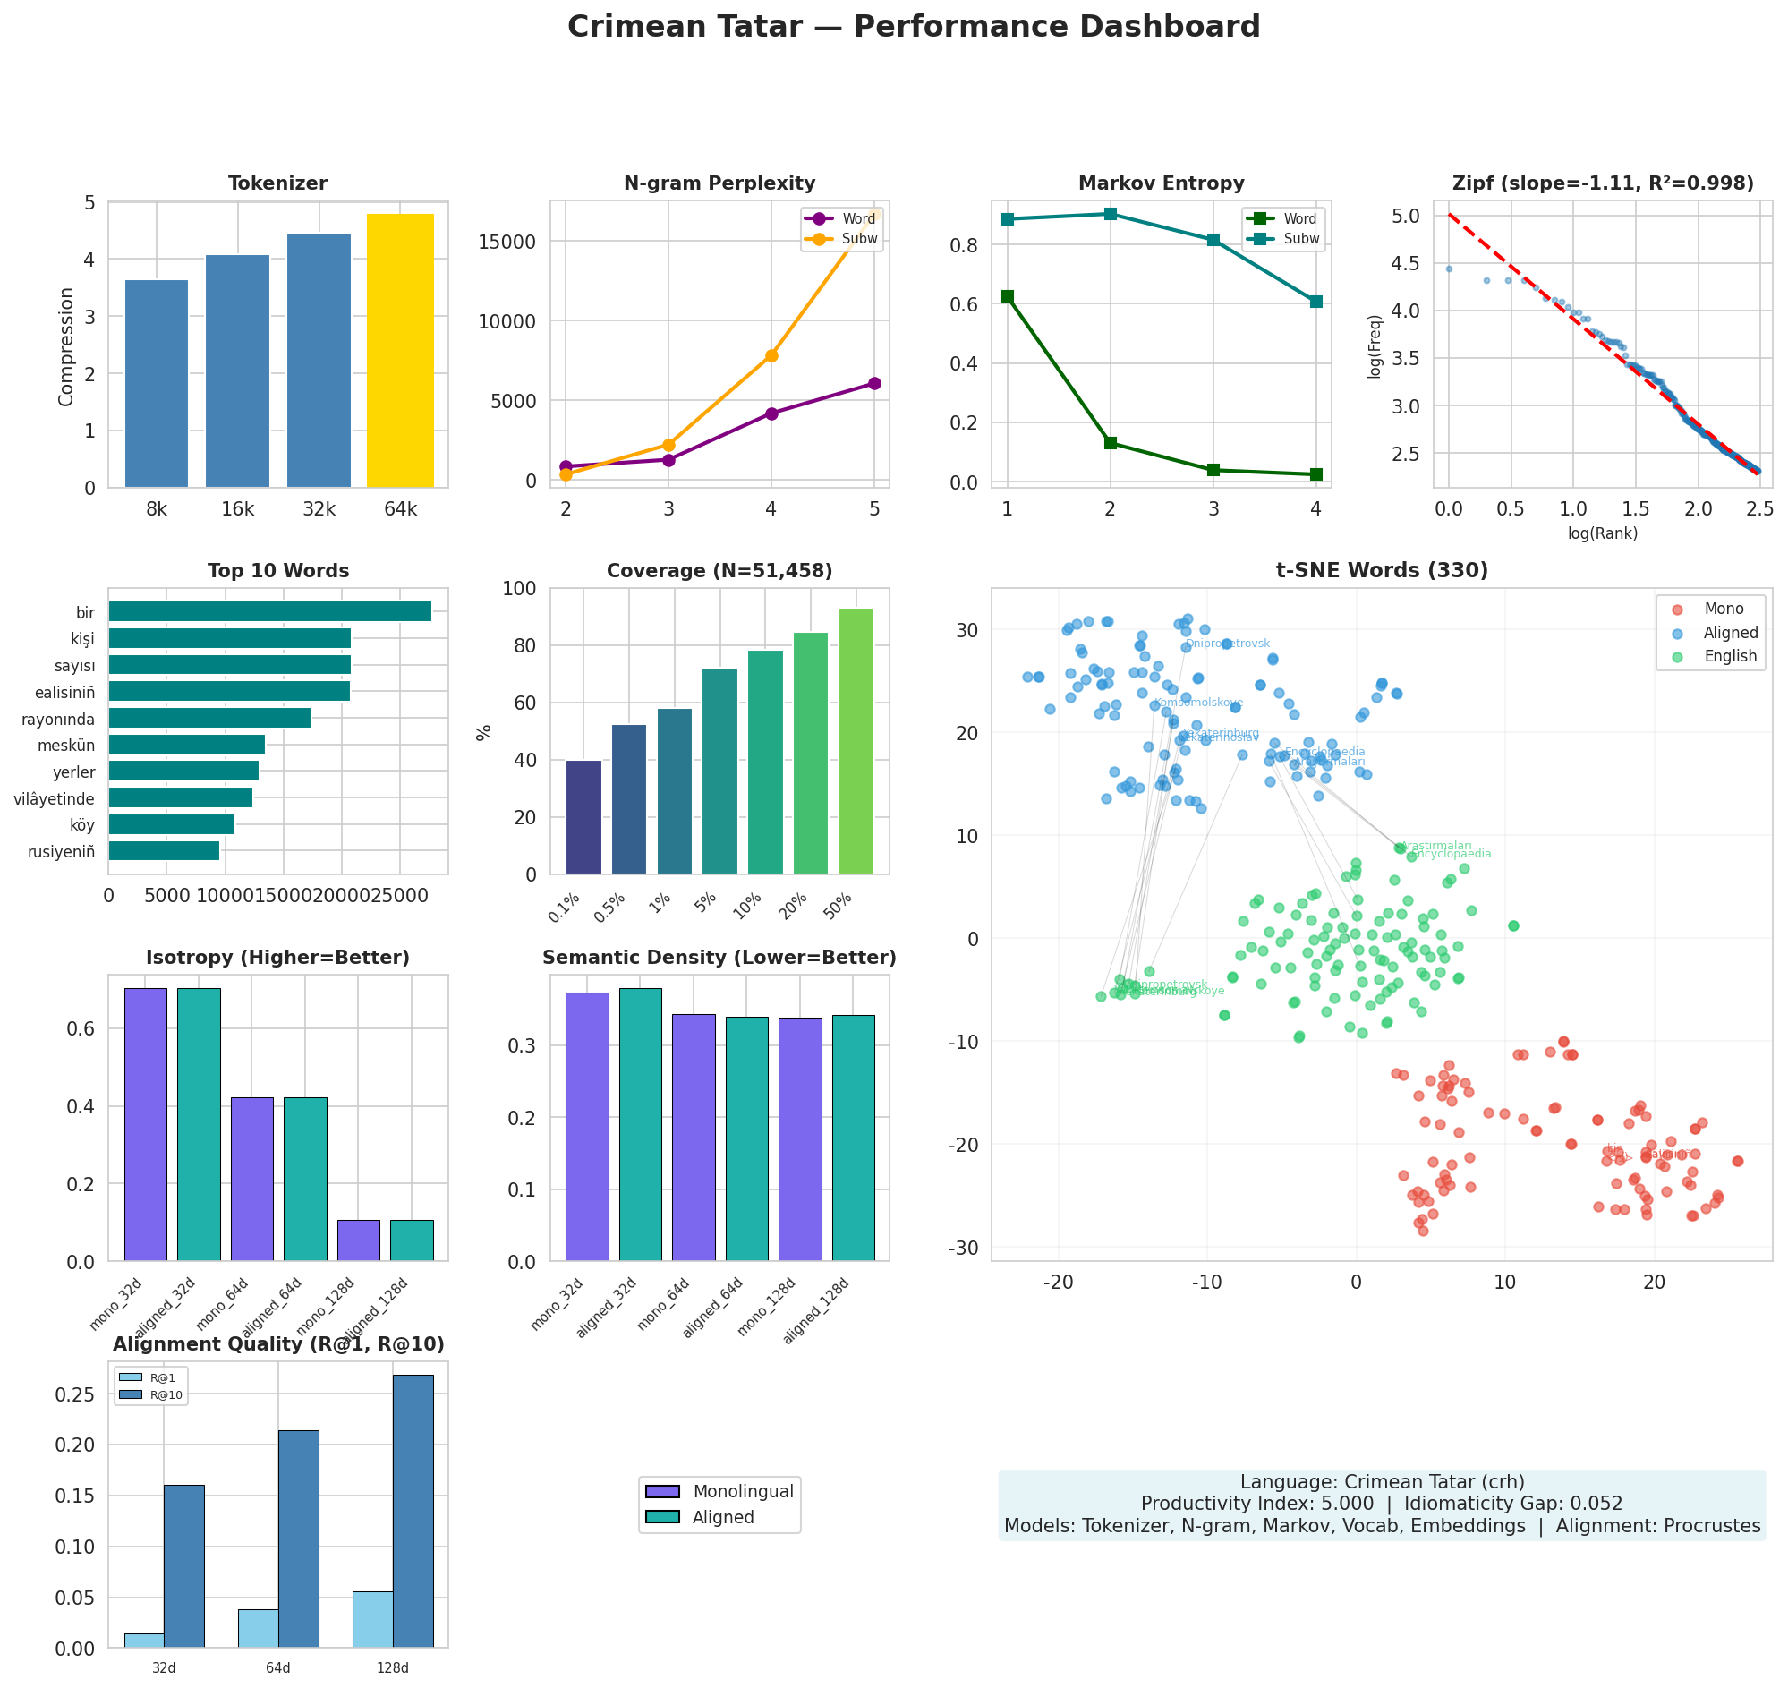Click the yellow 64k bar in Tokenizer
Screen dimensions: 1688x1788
(x=399, y=351)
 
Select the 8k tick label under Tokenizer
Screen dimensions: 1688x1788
(x=157, y=510)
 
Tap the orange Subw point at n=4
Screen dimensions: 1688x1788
(x=771, y=355)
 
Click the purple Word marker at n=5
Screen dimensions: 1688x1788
(x=873, y=383)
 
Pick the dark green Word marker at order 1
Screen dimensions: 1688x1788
(x=1007, y=296)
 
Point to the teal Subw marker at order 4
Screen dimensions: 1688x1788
(x=1315, y=302)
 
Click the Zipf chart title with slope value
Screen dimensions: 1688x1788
(x=1602, y=183)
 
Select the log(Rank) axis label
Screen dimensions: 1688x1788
(x=1602, y=533)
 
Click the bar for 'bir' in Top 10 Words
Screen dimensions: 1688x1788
(x=269, y=612)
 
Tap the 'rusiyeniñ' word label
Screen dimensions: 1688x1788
(x=61, y=851)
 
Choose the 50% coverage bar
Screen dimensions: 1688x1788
(x=856, y=740)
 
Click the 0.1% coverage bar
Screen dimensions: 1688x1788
(x=583, y=817)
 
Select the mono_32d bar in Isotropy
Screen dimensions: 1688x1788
(x=146, y=1124)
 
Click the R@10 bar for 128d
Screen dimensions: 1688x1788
(x=413, y=1512)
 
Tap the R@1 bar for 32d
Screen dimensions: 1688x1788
(x=144, y=1641)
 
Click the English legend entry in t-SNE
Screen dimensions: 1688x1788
(x=1729, y=656)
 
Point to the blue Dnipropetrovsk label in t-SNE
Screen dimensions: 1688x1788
(x=1228, y=644)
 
